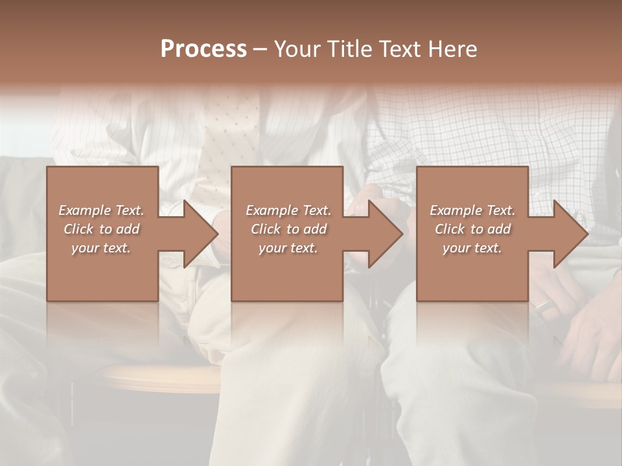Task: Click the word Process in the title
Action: click(203, 49)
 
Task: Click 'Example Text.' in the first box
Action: click(102, 210)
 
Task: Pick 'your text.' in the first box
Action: click(102, 248)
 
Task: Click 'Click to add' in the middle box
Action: click(288, 229)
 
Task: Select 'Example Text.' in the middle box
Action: click(288, 210)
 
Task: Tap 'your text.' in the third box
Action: click(472, 248)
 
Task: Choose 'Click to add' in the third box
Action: click(472, 229)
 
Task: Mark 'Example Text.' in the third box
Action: click(472, 210)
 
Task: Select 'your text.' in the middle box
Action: click(288, 248)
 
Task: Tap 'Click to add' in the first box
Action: click(102, 229)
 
